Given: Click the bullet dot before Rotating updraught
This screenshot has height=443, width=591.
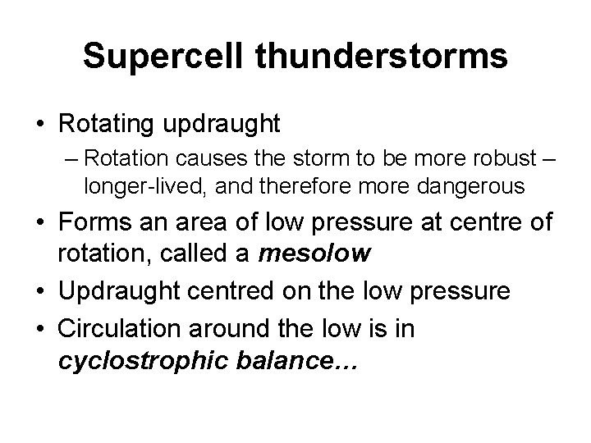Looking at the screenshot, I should pyautogui.click(x=39, y=125).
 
